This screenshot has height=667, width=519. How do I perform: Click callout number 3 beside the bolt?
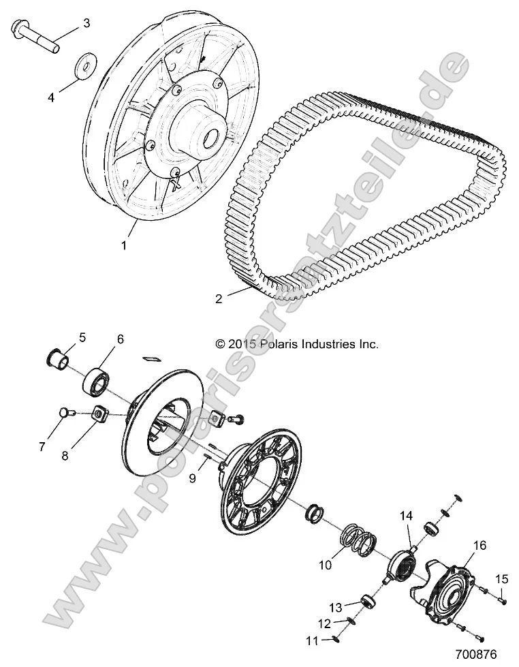point(86,23)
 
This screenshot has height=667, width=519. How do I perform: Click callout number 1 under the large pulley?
point(123,245)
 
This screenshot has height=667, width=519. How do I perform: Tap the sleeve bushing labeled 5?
point(59,357)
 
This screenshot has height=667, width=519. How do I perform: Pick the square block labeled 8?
point(100,413)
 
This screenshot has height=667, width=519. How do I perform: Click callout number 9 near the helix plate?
point(192,478)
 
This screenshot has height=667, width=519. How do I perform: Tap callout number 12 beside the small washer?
point(324,623)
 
